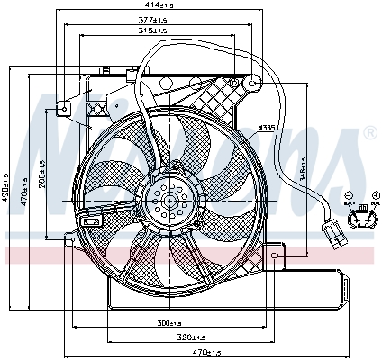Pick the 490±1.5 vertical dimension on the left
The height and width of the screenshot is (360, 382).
click(6, 188)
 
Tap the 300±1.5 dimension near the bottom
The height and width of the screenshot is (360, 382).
click(169, 322)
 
